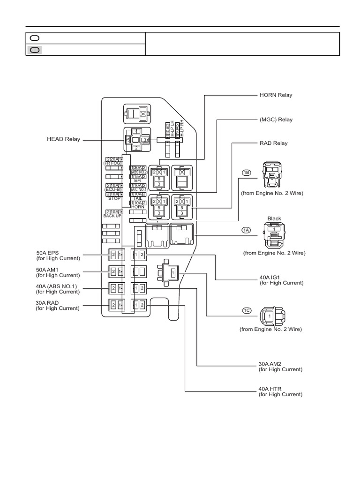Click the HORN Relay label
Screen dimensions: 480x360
click(x=276, y=95)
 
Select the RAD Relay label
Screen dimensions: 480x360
click(x=273, y=143)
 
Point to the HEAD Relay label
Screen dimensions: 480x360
click(x=63, y=139)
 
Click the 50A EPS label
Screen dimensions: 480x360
click(x=47, y=253)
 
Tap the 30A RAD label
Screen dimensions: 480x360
click(x=47, y=303)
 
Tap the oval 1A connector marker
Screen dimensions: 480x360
click(x=247, y=230)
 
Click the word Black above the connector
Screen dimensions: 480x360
click(x=274, y=218)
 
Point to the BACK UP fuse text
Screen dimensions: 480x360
click(x=112, y=216)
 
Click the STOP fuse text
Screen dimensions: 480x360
click(x=114, y=198)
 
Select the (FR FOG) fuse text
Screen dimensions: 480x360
click(x=113, y=163)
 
